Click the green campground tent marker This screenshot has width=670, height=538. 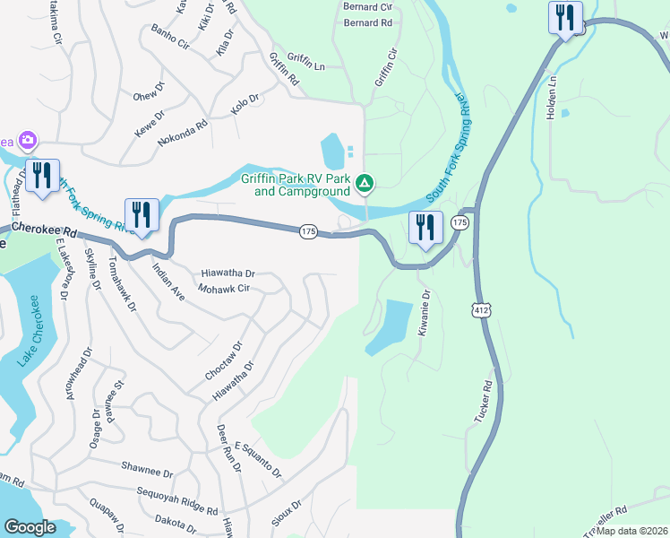[365, 184]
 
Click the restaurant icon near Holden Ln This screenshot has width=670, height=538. [565, 18]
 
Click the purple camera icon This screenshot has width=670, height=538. [28, 139]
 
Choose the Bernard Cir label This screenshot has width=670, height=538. [368, 5]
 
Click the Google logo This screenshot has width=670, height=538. [30, 526]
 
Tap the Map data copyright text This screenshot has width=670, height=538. [631, 531]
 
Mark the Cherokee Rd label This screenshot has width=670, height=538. [39, 230]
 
